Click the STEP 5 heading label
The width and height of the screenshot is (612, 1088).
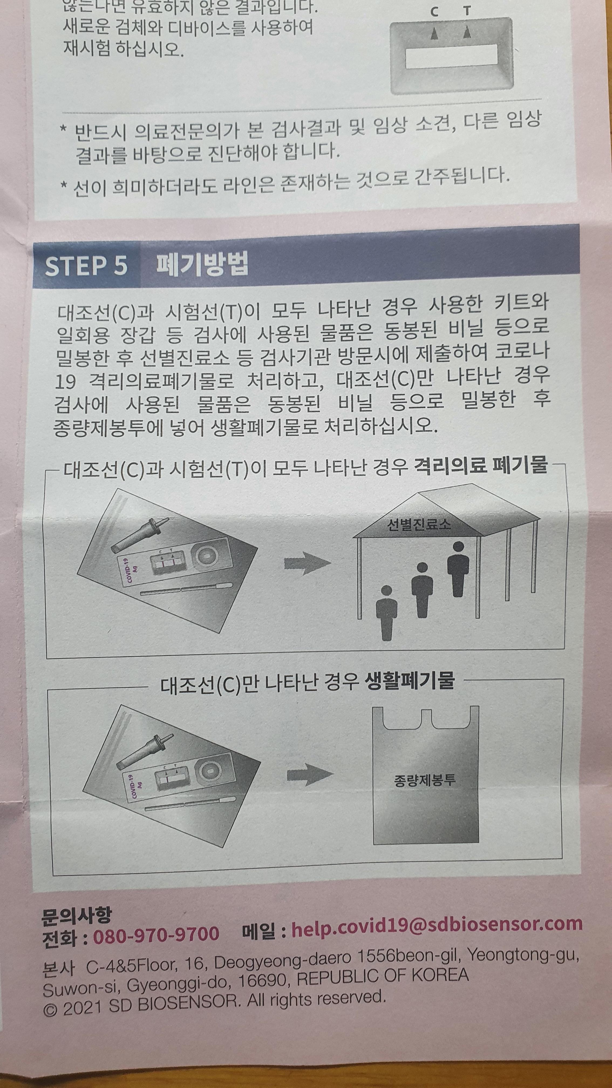[86, 266]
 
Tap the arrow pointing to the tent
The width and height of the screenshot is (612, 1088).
[307, 563]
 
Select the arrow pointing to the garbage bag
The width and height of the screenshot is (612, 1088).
[310, 775]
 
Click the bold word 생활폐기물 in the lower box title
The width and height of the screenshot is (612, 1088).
[409, 679]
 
